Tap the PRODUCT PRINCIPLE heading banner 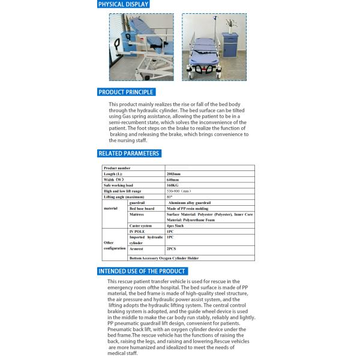pos(126,92)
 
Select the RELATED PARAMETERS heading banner pos(128,154)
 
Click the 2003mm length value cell pos(173,174)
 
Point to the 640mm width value pos(172,180)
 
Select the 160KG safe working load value pos(172,185)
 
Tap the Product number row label pos(117,169)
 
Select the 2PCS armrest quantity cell pos(171,248)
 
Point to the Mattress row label pos(138,214)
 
